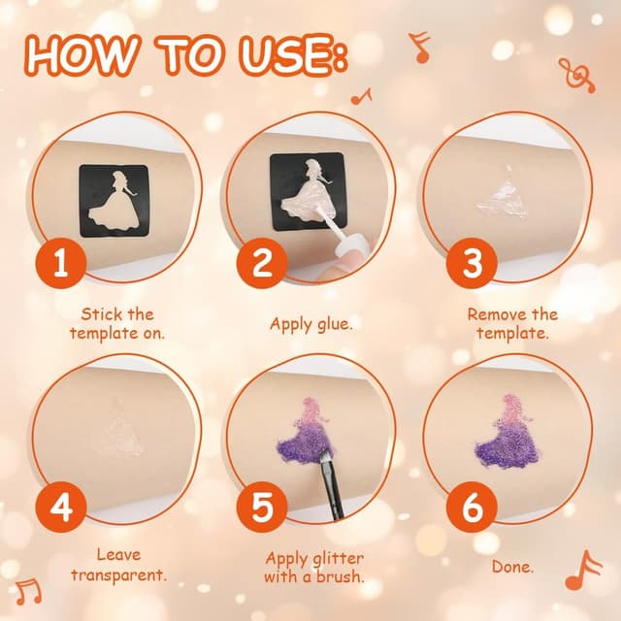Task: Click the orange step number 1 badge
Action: pos(61,263)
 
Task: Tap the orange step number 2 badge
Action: pos(262,263)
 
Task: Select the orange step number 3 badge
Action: pos(472,263)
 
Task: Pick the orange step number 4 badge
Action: pos(61,507)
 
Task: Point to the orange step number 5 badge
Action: pos(262,507)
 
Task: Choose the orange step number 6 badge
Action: pos(472,507)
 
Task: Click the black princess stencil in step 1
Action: pos(114,201)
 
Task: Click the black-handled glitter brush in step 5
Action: pos(331,484)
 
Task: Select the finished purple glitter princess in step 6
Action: pos(507,432)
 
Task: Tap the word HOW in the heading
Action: pos(82,55)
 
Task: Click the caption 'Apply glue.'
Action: pos(311,324)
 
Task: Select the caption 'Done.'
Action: pos(513,567)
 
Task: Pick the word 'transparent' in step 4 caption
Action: pos(118,575)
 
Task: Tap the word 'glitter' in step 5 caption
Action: pos(338,559)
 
